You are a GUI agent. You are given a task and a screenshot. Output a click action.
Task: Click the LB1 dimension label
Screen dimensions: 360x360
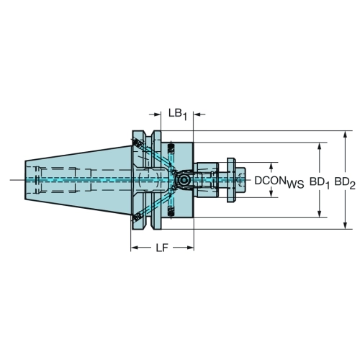click(177, 114)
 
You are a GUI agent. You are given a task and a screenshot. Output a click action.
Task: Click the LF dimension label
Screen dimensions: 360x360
click(162, 248)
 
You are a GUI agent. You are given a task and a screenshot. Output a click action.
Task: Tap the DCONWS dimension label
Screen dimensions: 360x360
click(279, 181)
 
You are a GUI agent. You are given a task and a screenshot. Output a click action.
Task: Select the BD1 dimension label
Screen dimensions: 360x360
click(320, 183)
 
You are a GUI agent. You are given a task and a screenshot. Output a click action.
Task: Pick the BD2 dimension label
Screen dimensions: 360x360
click(345, 183)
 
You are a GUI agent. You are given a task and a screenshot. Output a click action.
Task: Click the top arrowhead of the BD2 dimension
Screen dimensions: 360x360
click(345, 135)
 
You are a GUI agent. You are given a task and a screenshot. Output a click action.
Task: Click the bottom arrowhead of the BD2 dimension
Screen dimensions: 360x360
click(345, 225)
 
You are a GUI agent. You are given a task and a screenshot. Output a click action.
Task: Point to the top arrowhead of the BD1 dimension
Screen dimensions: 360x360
click(319, 146)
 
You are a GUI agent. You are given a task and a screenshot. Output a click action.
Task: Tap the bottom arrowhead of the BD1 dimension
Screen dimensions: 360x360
click(319, 214)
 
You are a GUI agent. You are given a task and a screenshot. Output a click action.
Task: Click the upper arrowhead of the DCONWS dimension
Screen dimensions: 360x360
click(271, 166)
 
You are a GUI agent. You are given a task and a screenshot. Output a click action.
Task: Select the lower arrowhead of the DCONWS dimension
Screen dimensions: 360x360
click(271, 194)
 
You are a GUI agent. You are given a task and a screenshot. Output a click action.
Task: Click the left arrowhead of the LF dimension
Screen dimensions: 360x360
click(135, 248)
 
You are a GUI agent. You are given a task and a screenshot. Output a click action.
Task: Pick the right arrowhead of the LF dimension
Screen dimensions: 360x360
click(190, 248)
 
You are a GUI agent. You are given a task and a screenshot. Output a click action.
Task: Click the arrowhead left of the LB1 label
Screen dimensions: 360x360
click(157, 114)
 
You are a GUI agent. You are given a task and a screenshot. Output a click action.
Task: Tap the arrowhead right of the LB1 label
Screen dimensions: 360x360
click(197, 114)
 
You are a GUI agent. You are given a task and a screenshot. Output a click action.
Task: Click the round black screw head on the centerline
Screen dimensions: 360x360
click(184, 180)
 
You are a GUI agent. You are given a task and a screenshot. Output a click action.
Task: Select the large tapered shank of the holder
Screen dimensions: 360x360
click(78, 180)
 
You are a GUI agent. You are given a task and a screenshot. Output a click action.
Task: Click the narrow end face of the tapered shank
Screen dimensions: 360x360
click(25, 180)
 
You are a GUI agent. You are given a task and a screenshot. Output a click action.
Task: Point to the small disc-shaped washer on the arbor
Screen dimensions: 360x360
click(231, 180)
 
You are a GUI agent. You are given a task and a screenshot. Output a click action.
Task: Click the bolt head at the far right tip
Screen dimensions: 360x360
click(240, 180)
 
